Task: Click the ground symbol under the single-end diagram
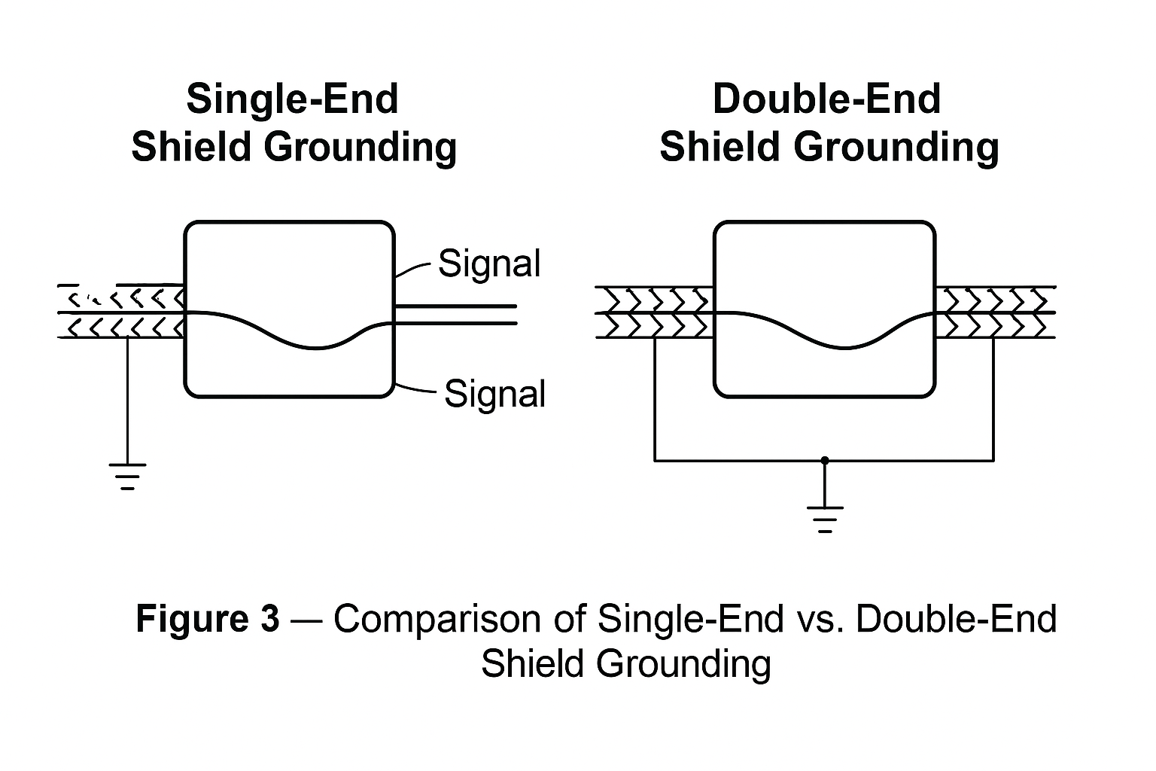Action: pos(128,476)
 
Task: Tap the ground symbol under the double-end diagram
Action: pos(825,519)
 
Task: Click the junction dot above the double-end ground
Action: pos(825,460)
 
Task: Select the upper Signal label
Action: pos(489,264)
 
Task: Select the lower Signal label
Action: pos(494,394)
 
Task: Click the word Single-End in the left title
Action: pos(292,99)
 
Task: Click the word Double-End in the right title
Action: pos(826,99)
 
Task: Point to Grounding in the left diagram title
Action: pos(360,147)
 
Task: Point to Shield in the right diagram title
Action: pos(721,147)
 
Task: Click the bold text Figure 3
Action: pos(207,619)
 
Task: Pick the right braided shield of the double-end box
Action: pos(995,312)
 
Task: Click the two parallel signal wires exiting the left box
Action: pos(455,315)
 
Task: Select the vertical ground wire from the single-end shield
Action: pos(128,399)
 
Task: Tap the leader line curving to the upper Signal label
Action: pos(413,271)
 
